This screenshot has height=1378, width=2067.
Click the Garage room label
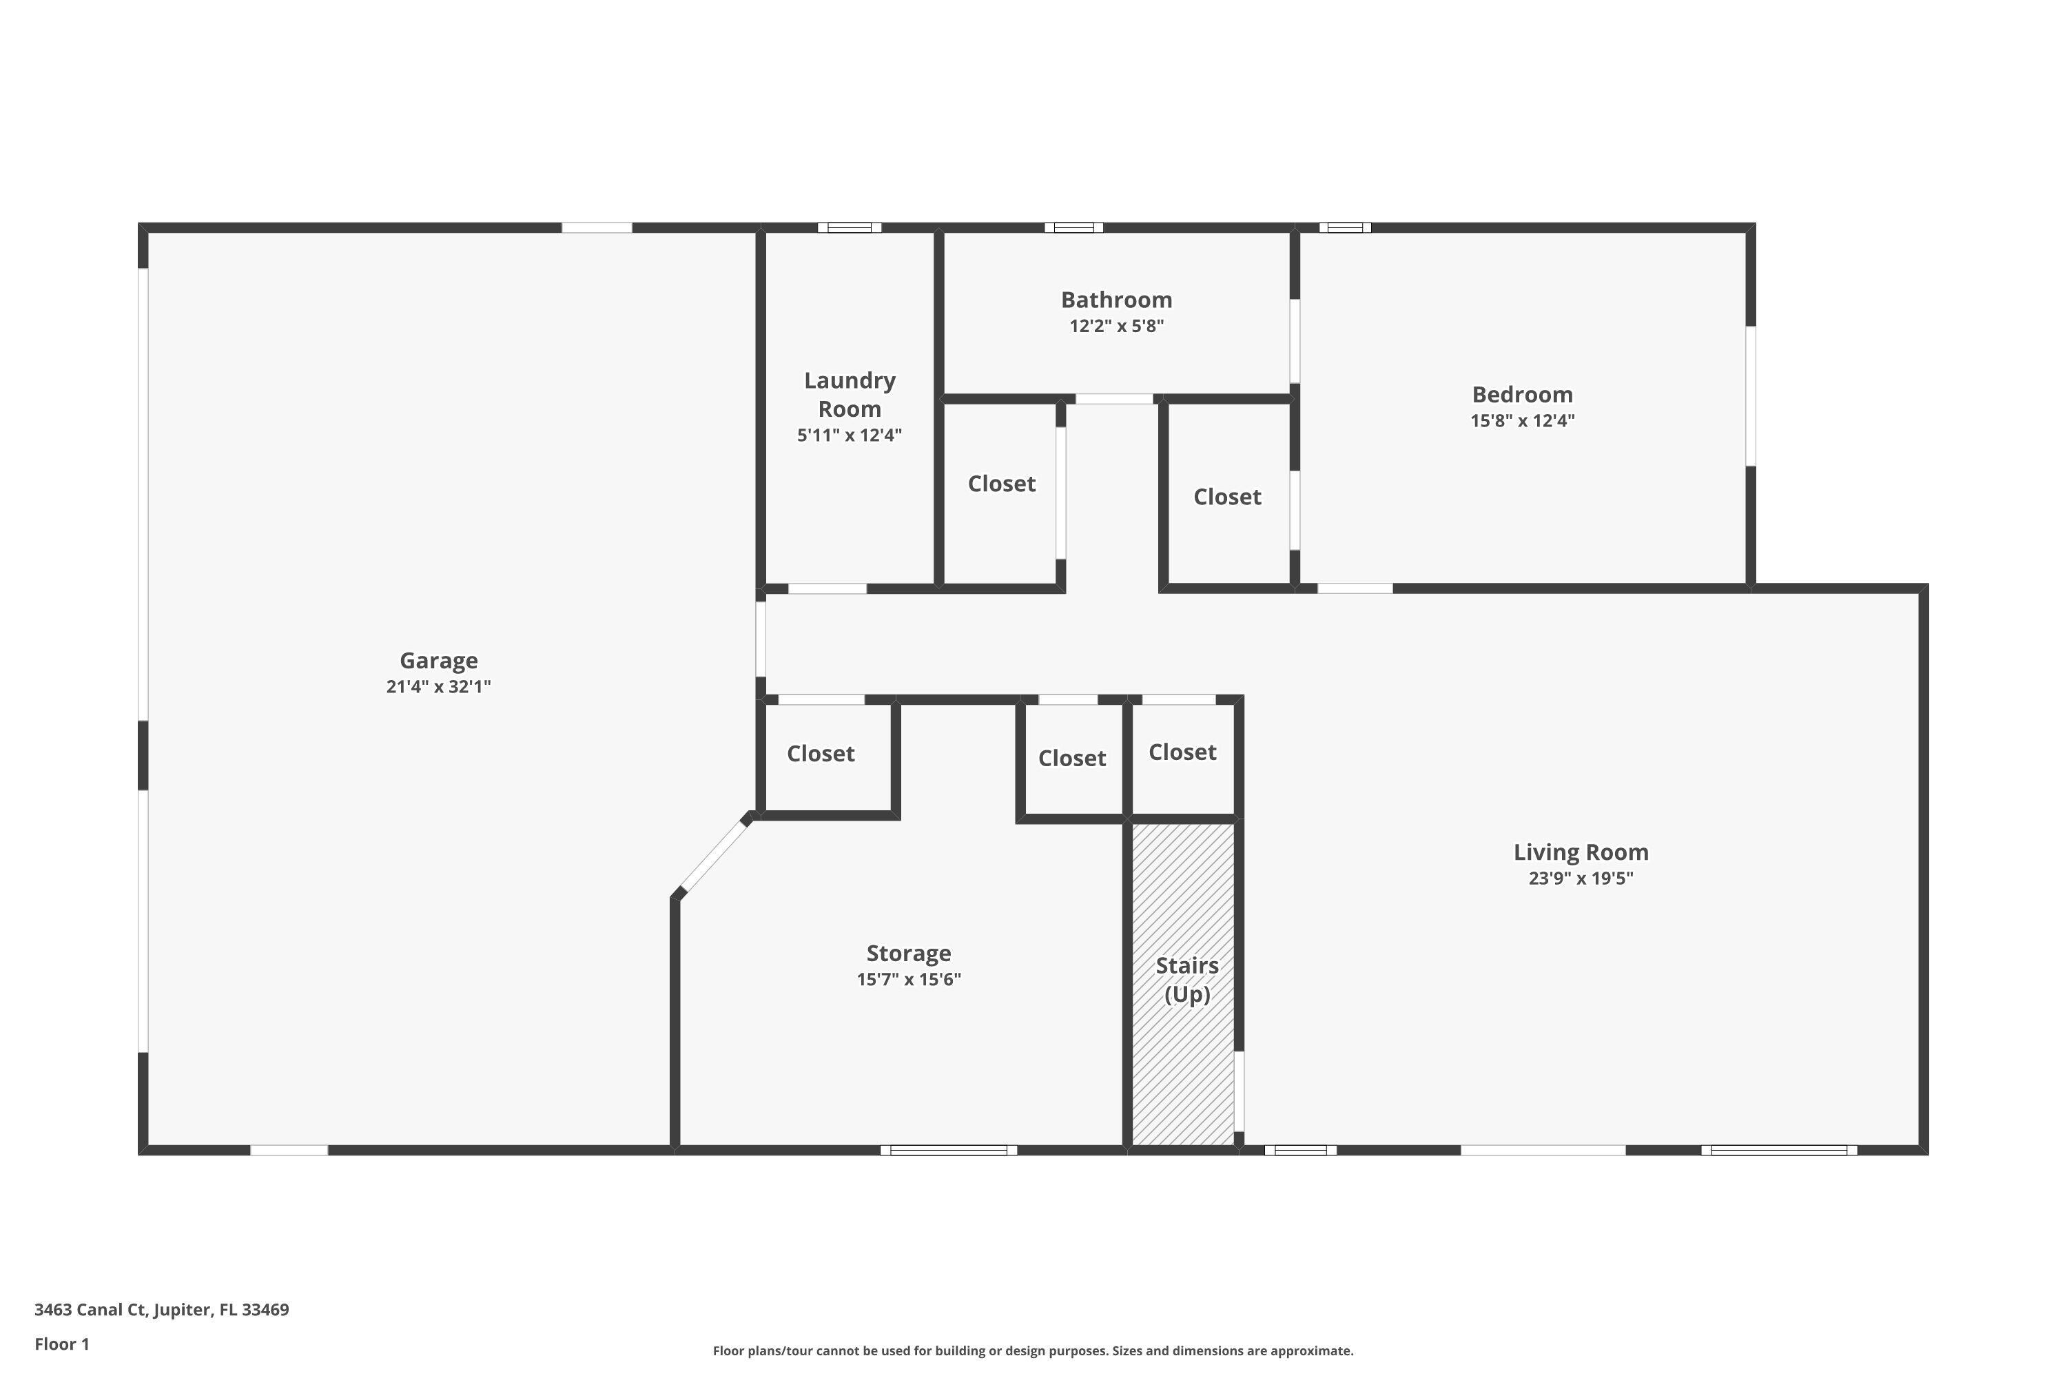tap(438, 660)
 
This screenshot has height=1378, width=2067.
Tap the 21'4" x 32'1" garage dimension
tap(438, 686)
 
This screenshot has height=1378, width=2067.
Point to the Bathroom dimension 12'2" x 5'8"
tap(1116, 326)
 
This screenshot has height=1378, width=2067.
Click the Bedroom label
tap(1522, 395)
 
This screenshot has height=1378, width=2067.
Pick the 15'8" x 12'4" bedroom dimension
tap(1522, 420)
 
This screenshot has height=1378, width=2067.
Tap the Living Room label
tap(1580, 852)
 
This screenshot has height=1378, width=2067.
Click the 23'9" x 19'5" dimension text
tap(1580, 878)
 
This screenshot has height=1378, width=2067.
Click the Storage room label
tap(908, 954)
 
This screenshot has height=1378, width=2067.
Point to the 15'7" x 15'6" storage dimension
tap(908, 979)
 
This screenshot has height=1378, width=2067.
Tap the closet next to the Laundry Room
tap(1001, 484)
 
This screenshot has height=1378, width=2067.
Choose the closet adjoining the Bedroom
tap(1227, 497)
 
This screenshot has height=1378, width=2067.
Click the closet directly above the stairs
tap(1182, 752)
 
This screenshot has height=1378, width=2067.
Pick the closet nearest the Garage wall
tap(820, 754)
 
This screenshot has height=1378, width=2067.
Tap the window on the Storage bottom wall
tap(948, 1149)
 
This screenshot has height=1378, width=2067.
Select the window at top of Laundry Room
tap(849, 227)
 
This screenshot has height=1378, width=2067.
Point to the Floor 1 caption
tap(61, 1344)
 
